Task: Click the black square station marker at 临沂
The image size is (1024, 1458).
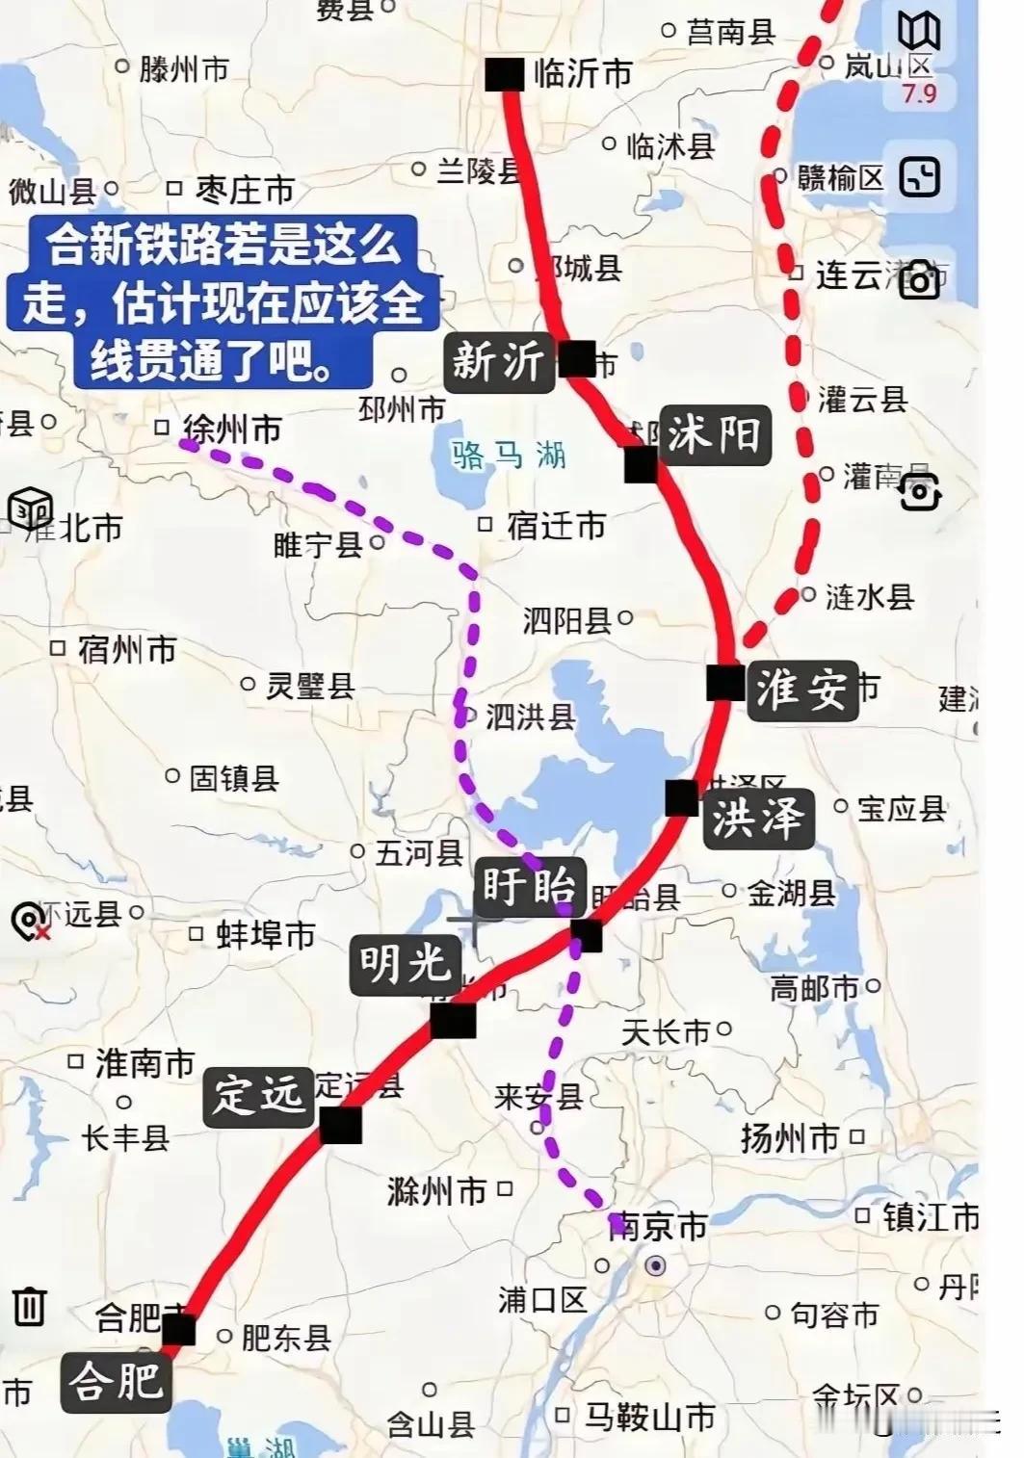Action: click(505, 75)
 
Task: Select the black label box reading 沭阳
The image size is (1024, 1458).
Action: click(714, 435)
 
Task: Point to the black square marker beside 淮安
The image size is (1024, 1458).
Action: click(724, 683)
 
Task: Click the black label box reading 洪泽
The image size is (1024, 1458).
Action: click(757, 820)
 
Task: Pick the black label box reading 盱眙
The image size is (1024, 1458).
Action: click(529, 885)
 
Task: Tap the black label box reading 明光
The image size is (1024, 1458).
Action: click(405, 962)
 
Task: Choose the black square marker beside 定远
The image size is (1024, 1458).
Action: click(340, 1125)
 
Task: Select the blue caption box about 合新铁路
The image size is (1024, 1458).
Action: click(222, 301)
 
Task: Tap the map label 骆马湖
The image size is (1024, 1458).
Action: click(509, 454)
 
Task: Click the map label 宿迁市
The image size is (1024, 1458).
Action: click(556, 526)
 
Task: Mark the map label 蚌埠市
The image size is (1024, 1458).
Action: click(265, 934)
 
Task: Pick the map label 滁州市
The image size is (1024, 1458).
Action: click(436, 1191)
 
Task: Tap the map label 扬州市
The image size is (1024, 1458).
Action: click(790, 1138)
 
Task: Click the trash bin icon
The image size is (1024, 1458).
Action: click(30, 1306)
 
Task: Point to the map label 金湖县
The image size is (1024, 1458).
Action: click(791, 894)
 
